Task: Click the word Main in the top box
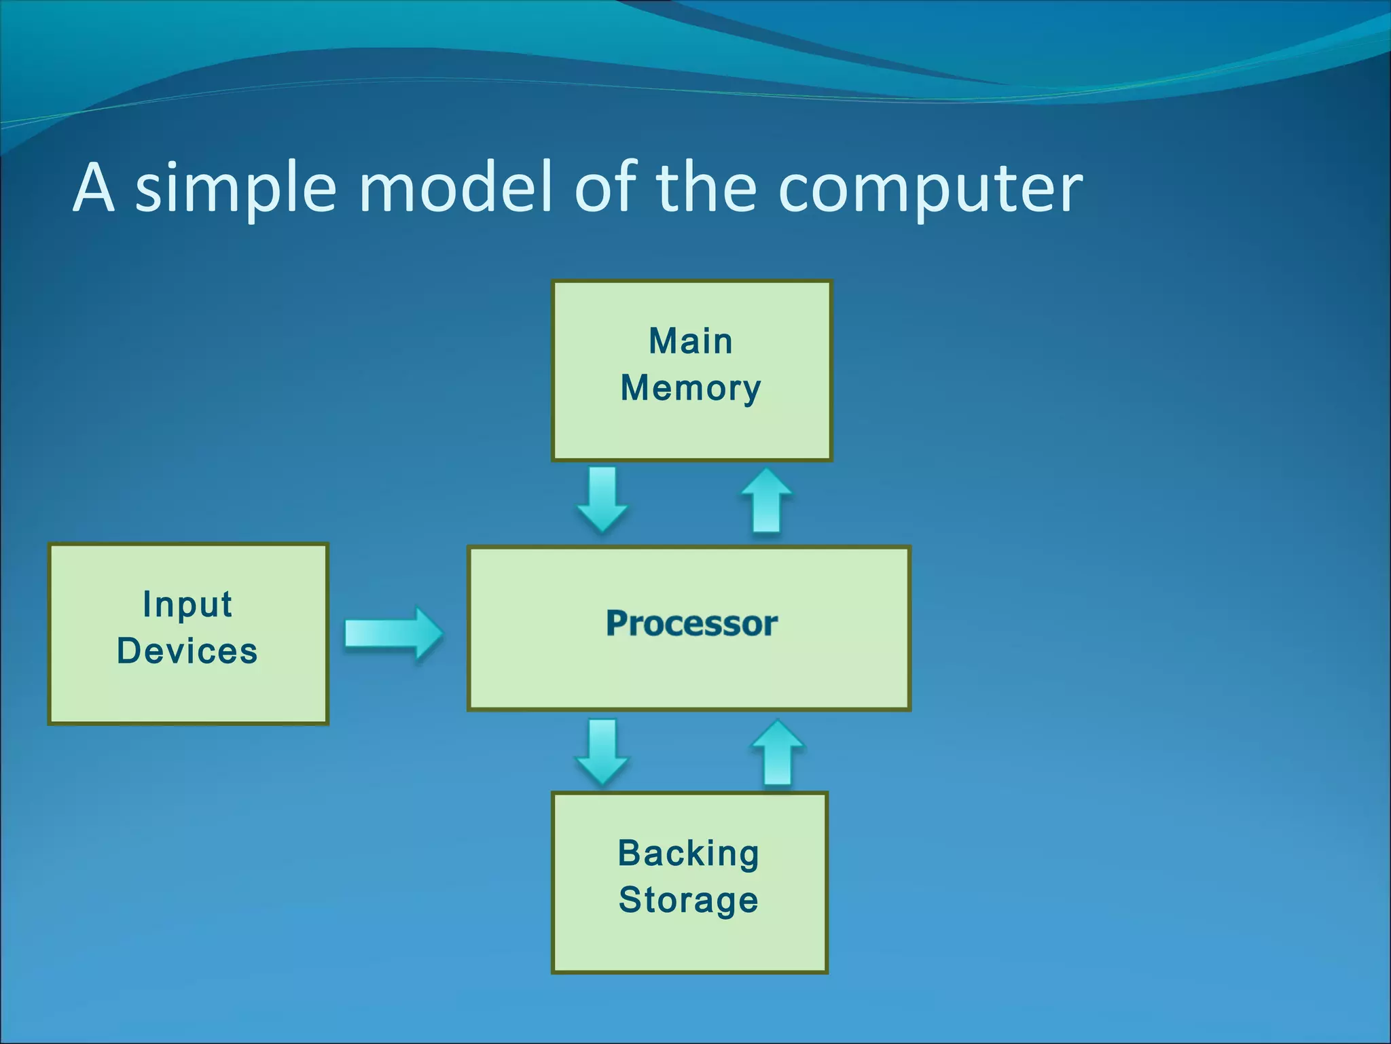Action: [x=690, y=341]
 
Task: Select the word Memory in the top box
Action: [x=690, y=389]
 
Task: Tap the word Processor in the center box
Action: [x=691, y=623]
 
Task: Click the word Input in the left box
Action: [x=187, y=604]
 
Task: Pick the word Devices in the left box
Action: [x=187, y=651]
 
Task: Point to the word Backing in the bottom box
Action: [x=688, y=854]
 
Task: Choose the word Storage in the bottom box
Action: [x=688, y=900]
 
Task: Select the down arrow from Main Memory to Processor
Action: [x=602, y=499]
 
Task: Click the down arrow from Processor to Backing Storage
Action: [x=602, y=752]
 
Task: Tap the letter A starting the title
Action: [x=93, y=188]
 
